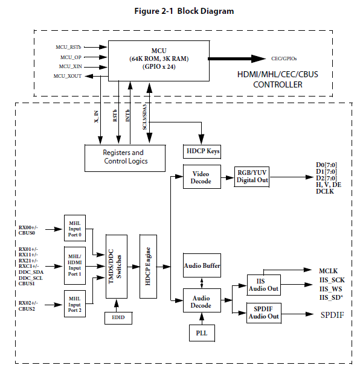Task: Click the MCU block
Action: click(x=159, y=61)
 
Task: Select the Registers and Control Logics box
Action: click(x=125, y=158)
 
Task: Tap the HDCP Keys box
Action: click(x=202, y=151)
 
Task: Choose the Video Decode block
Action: click(x=202, y=177)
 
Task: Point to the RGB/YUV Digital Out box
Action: click(x=252, y=177)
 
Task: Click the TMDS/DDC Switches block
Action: click(x=117, y=267)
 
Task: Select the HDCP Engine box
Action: click(x=148, y=267)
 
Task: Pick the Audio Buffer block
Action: click(x=202, y=265)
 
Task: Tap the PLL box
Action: click(x=202, y=333)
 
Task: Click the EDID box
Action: click(x=118, y=318)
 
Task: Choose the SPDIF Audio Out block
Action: click(x=264, y=313)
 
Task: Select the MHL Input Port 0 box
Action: click(x=75, y=228)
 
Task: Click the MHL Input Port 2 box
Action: click(x=75, y=304)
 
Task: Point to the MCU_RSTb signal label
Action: click(x=68, y=47)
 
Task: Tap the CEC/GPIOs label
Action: click(x=284, y=59)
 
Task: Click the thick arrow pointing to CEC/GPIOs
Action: click(x=237, y=59)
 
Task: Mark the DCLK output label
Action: click(x=325, y=191)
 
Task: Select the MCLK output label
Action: click(x=328, y=271)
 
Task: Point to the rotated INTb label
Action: click(x=127, y=116)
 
